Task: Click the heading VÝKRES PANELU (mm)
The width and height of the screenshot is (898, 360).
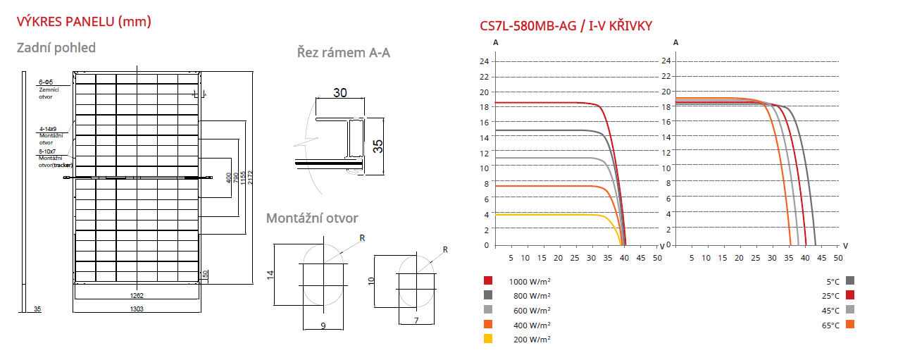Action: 84,22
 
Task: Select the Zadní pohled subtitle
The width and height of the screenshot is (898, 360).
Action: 56,48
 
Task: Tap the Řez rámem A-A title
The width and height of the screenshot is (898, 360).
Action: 343,52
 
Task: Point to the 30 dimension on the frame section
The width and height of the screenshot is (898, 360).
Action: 340,93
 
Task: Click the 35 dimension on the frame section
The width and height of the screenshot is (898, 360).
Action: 378,146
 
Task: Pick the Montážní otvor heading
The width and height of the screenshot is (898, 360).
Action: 312,218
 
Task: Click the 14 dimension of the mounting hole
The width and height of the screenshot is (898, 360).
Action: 270,275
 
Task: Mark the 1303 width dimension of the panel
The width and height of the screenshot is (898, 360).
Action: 137,309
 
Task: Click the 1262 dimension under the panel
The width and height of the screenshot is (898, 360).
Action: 137,296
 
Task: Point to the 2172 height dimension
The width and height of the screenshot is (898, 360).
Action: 251,178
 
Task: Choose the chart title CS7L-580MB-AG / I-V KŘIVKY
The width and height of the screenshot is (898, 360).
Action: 566,27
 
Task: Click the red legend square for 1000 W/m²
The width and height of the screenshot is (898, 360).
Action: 488,280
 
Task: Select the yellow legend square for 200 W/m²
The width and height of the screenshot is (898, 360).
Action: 488,339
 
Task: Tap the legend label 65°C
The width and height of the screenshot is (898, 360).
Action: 831,325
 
